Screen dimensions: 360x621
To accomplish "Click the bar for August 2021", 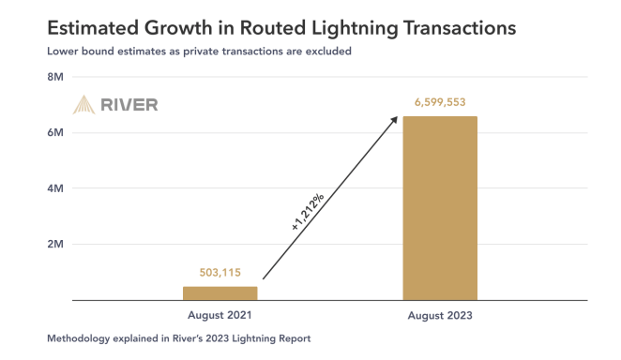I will click(x=220, y=292).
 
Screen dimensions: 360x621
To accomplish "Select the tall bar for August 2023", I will click(x=440, y=208).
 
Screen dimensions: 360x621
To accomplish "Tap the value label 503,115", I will click(x=220, y=273).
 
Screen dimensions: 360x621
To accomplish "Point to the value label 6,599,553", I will click(x=440, y=101).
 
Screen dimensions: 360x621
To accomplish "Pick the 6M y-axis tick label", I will click(x=54, y=133).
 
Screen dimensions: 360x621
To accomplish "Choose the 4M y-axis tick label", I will click(x=54, y=188).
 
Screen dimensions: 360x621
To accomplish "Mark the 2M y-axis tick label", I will click(x=54, y=244).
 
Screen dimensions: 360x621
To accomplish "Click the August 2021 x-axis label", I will click(x=220, y=316).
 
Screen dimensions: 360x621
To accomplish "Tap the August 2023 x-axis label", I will click(x=440, y=316).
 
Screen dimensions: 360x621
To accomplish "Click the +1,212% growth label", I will click(x=307, y=213).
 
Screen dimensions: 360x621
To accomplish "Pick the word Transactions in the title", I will click(x=459, y=27).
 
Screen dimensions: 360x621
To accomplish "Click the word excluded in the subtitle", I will click(x=327, y=51).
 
